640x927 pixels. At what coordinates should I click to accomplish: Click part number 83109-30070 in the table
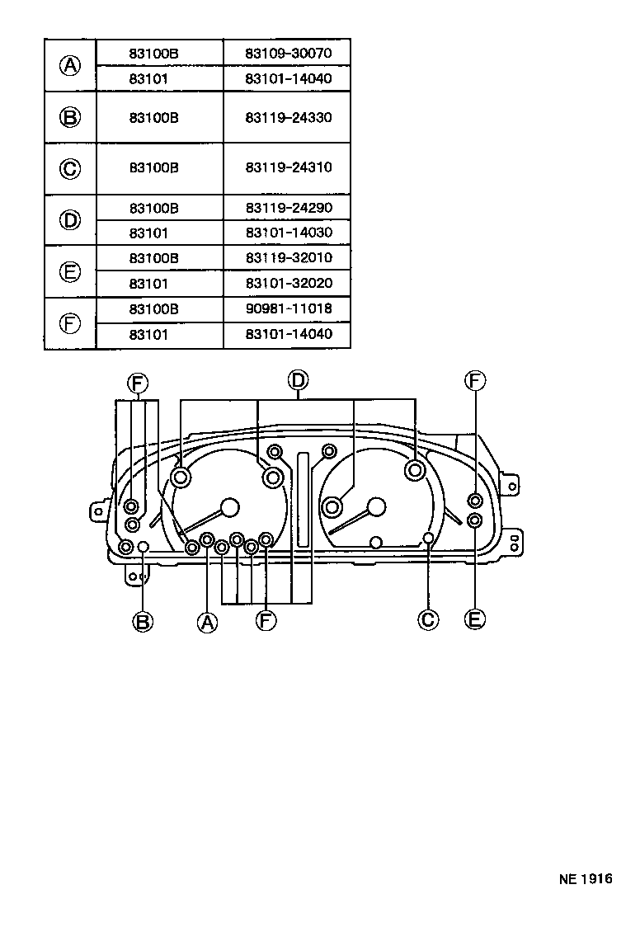287,54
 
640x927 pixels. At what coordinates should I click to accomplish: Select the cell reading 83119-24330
287,117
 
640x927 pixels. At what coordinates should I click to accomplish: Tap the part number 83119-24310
287,167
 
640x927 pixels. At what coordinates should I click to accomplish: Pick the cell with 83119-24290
287,208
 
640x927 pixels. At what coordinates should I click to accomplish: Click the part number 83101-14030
287,233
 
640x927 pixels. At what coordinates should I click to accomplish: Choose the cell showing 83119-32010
287,258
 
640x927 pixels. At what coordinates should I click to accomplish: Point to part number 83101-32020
287,283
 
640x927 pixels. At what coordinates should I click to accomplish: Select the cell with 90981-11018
287,309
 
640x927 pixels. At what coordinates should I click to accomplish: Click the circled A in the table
71,66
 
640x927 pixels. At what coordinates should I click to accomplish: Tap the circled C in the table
71,168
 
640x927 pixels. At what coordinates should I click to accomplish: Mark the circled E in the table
71,271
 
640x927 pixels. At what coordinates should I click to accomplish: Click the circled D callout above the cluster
298,380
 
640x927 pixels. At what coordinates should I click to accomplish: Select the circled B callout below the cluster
143,620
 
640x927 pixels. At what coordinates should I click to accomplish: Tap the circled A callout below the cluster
207,621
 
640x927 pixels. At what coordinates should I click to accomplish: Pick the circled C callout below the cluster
428,619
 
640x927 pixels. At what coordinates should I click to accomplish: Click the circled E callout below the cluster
474,619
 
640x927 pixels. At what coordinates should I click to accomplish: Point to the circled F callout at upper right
474,380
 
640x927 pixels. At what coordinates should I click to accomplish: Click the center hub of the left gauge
229,507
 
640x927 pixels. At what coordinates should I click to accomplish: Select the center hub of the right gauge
376,507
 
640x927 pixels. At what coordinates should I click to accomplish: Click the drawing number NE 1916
586,879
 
